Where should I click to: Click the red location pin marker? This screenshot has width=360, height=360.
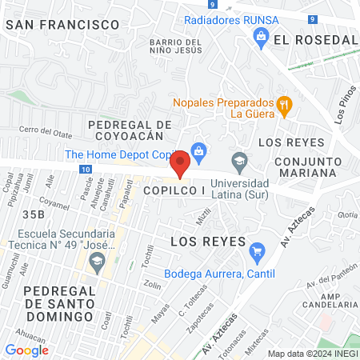pyautogui.click(x=181, y=164)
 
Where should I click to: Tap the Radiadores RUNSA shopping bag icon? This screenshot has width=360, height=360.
pyautogui.click(x=260, y=35)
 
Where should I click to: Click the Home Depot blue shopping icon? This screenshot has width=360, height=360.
pyautogui.click(x=199, y=149)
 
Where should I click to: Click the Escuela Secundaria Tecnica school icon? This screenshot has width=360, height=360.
pyautogui.click(x=97, y=260)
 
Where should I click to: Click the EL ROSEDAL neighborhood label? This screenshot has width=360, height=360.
pyautogui.click(x=314, y=39)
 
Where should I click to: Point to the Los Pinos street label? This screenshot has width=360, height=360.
pyautogui.click(x=343, y=105)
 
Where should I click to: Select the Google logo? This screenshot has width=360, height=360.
pyautogui.click(x=27, y=350)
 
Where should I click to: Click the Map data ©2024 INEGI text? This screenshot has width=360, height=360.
pyautogui.click(x=311, y=354)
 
